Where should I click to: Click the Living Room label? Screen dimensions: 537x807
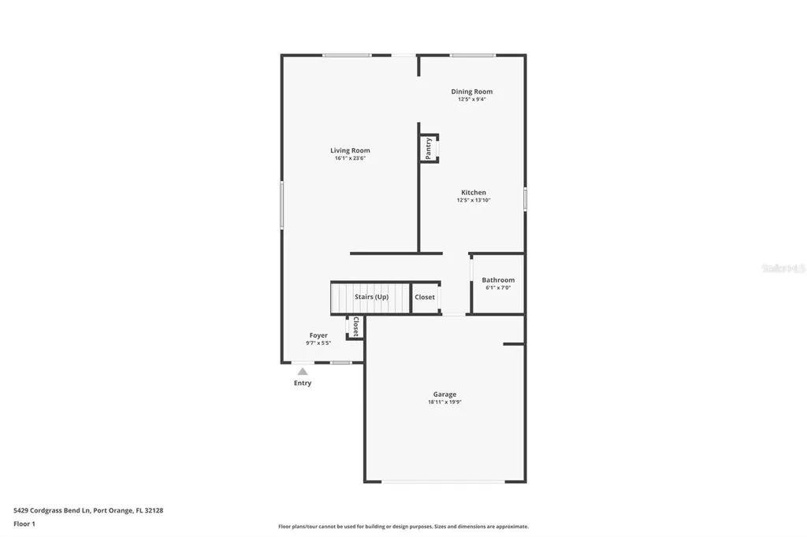(x=350, y=150)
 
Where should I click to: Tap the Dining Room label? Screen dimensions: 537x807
(x=471, y=91)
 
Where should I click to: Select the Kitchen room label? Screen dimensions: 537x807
(x=474, y=192)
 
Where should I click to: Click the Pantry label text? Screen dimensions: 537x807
(x=429, y=148)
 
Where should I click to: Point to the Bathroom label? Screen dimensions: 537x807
(x=498, y=280)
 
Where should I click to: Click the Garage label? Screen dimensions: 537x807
(x=444, y=394)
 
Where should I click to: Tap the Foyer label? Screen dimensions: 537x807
(x=318, y=335)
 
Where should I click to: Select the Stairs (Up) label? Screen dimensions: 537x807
(x=371, y=297)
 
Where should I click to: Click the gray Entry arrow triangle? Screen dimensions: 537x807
(x=303, y=371)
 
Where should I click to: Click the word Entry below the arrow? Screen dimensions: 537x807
(x=303, y=383)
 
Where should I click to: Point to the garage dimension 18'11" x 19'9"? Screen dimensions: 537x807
(x=444, y=402)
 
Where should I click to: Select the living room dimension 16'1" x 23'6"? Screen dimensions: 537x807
(x=350, y=158)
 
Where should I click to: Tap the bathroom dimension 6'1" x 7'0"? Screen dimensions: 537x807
(x=498, y=287)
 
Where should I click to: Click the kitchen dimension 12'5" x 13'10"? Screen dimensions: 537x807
(x=474, y=200)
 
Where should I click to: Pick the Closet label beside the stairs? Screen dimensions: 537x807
(x=425, y=297)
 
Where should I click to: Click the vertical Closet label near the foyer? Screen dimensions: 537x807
(x=355, y=327)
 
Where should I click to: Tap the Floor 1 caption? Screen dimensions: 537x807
(x=24, y=524)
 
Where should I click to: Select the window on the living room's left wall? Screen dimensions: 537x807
(x=282, y=205)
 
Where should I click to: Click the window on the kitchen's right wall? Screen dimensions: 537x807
(x=525, y=198)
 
